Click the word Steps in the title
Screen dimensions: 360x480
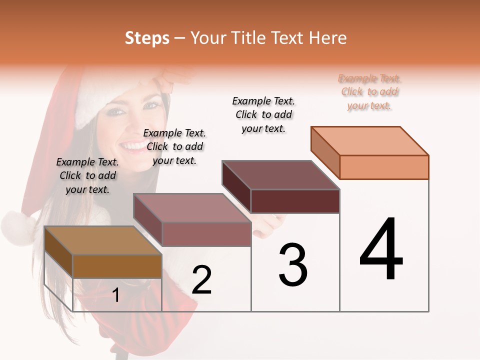click(x=147, y=38)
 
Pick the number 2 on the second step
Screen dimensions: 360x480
click(x=201, y=280)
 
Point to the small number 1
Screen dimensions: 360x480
click(x=116, y=295)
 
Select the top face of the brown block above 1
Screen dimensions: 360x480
click(x=102, y=240)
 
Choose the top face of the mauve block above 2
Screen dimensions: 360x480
click(x=192, y=208)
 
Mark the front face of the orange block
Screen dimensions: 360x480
click(x=384, y=167)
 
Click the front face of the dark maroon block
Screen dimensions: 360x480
click(x=295, y=201)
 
